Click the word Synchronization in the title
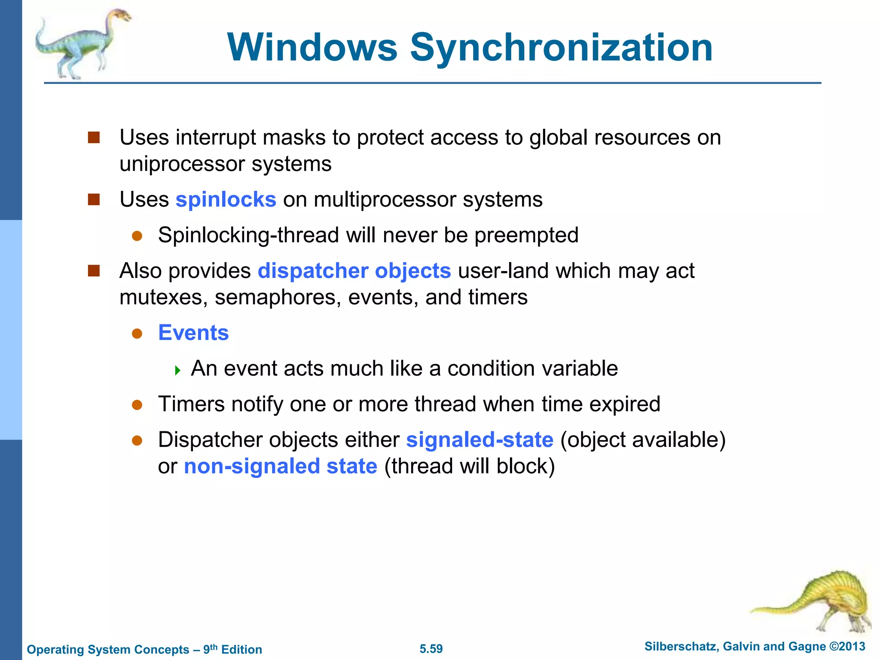(x=561, y=48)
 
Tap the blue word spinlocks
(x=226, y=200)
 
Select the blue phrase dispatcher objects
(x=354, y=271)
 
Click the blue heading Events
(x=193, y=333)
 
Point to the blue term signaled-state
(x=480, y=440)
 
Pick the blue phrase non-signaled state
(x=281, y=467)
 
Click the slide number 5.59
(x=431, y=649)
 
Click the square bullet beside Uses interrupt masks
(x=94, y=137)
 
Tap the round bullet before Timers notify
(x=137, y=405)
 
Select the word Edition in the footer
(x=241, y=650)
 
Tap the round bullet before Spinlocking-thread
(x=137, y=236)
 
